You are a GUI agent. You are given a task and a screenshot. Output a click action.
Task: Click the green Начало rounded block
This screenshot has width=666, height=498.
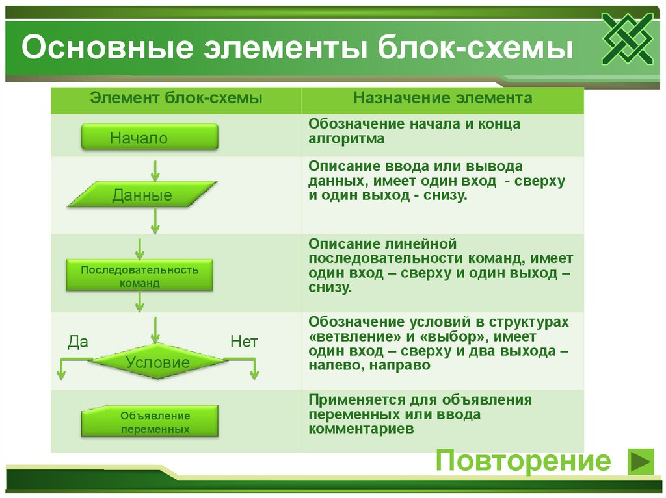click(149, 138)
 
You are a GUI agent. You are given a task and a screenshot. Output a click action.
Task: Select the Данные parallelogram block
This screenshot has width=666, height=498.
click(142, 195)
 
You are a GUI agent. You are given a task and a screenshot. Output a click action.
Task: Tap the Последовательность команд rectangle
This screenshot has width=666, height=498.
click(139, 276)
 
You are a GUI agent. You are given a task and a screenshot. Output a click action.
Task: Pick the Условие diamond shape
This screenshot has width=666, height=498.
click(157, 362)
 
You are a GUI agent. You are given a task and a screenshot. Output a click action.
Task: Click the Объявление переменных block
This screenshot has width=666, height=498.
click(150, 422)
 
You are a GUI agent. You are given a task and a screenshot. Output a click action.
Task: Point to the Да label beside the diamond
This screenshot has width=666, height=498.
click(78, 342)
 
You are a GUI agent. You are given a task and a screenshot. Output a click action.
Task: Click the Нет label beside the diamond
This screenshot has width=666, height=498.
click(244, 342)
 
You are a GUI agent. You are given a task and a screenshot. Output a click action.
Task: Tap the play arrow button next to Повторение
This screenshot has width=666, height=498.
click(640, 462)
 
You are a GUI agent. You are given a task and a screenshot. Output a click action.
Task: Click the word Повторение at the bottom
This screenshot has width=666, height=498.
click(523, 462)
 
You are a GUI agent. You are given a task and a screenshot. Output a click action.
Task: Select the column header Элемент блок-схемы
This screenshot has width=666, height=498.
click(176, 98)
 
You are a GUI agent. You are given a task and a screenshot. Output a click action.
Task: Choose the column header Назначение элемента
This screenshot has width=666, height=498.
click(443, 98)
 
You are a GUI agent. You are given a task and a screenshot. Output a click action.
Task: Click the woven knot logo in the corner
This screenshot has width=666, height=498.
click(627, 39)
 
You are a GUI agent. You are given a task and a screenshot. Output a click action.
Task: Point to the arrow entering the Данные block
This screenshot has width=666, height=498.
click(155, 171)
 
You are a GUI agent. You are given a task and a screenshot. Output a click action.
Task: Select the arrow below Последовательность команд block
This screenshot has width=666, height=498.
click(140, 301)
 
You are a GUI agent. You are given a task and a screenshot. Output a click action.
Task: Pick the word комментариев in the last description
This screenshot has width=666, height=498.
click(361, 429)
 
